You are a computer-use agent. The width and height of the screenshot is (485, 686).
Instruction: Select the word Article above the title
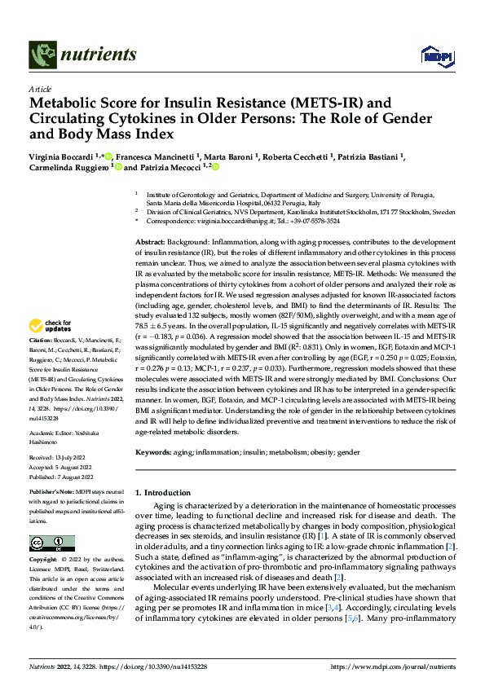coord(40,88)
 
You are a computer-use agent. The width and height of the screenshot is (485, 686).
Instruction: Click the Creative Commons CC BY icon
coord(52,543)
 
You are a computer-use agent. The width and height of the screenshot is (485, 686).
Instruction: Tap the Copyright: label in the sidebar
coord(42,560)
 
